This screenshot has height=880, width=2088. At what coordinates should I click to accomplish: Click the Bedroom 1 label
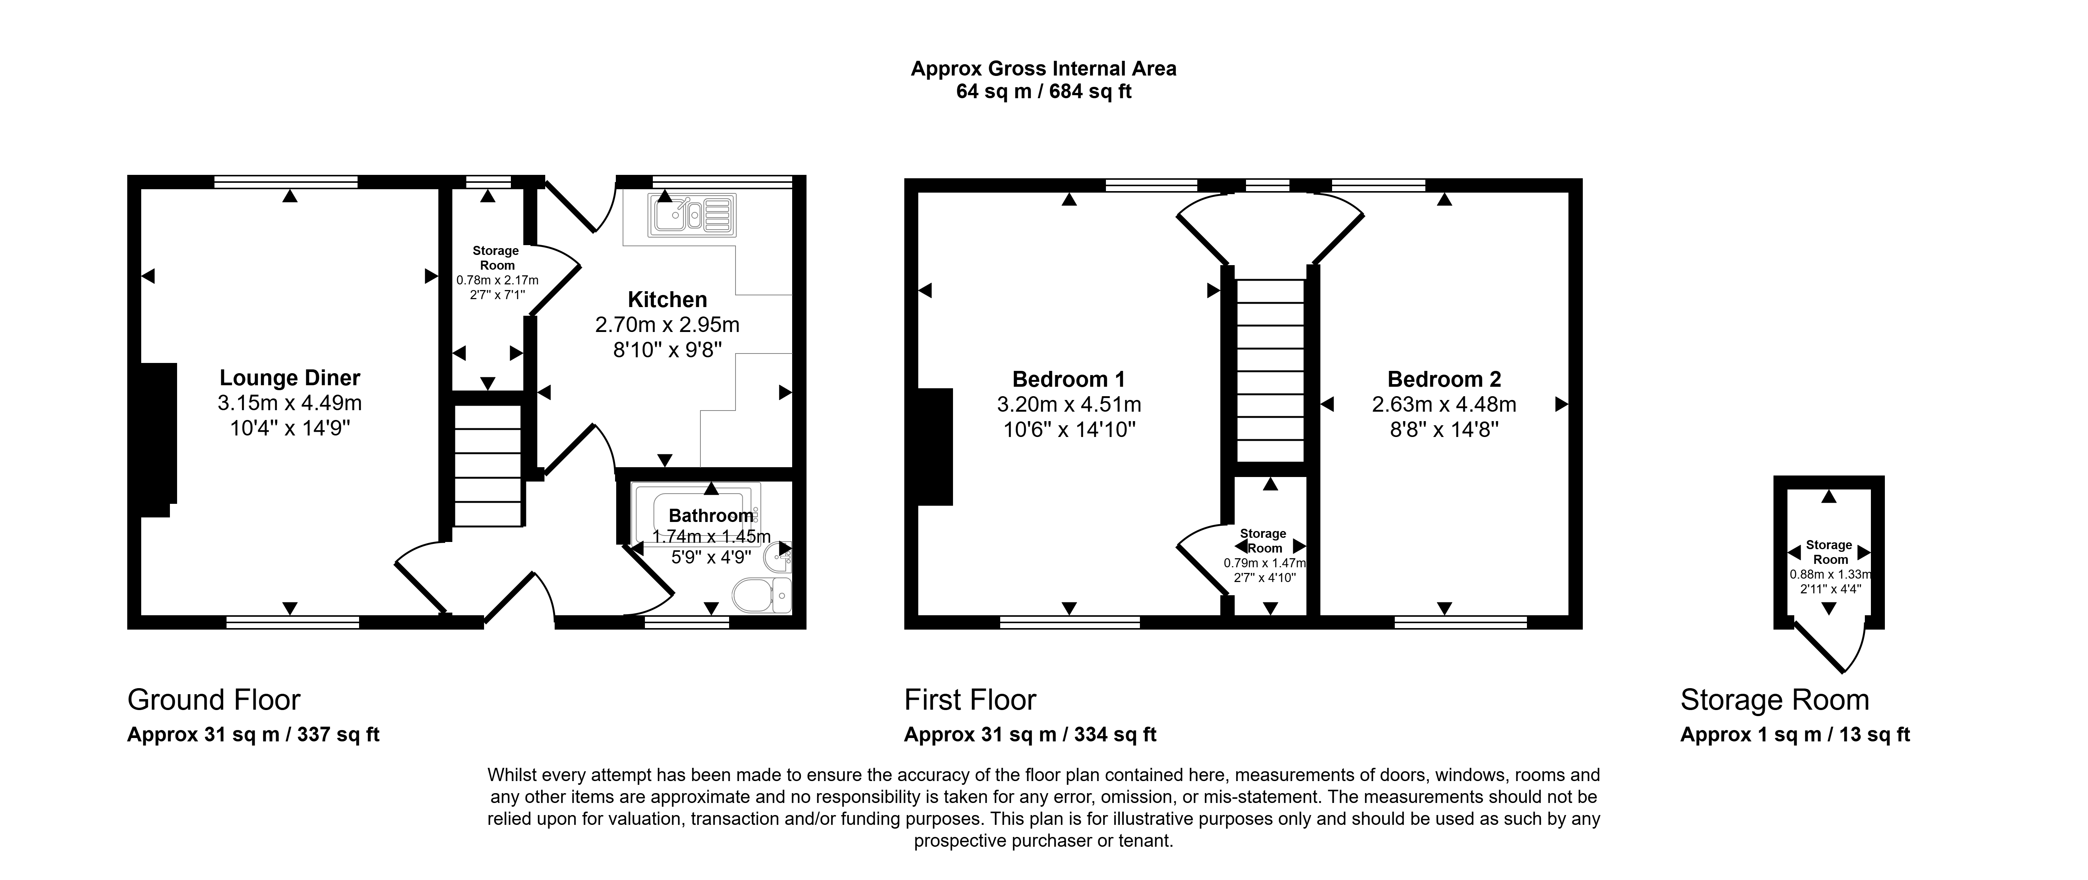pyautogui.click(x=1068, y=379)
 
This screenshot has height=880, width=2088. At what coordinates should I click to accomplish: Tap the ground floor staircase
pyautogui.click(x=487, y=466)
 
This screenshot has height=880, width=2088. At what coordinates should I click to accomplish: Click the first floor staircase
pyautogui.click(x=1270, y=371)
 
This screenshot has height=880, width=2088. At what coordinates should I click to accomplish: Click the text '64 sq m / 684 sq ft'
pyautogui.click(x=1044, y=92)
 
